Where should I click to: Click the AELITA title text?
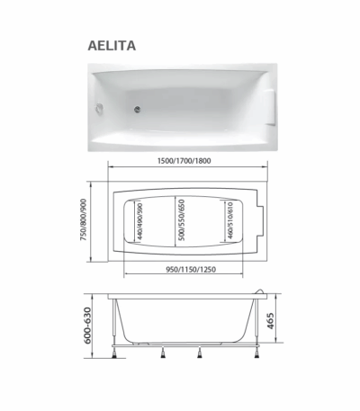[x=112, y=46]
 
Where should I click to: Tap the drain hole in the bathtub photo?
[x=138, y=110]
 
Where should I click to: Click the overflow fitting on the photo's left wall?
[x=99, y=108]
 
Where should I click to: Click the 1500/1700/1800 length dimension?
[x=184, y=161]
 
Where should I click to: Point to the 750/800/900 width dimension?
[x=84, y=219]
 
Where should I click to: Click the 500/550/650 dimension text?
[x=181, y=220]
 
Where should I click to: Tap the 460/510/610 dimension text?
[x=230, y=220]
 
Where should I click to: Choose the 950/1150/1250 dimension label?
[x=191, y=270]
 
